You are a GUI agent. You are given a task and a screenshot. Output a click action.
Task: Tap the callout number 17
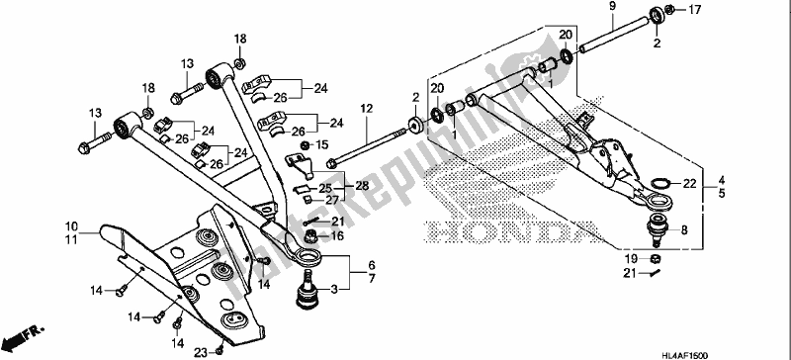click(667, 11)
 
